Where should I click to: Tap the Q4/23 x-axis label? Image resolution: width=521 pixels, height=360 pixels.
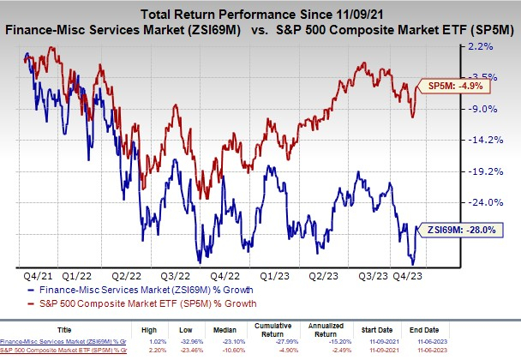[426, 276]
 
